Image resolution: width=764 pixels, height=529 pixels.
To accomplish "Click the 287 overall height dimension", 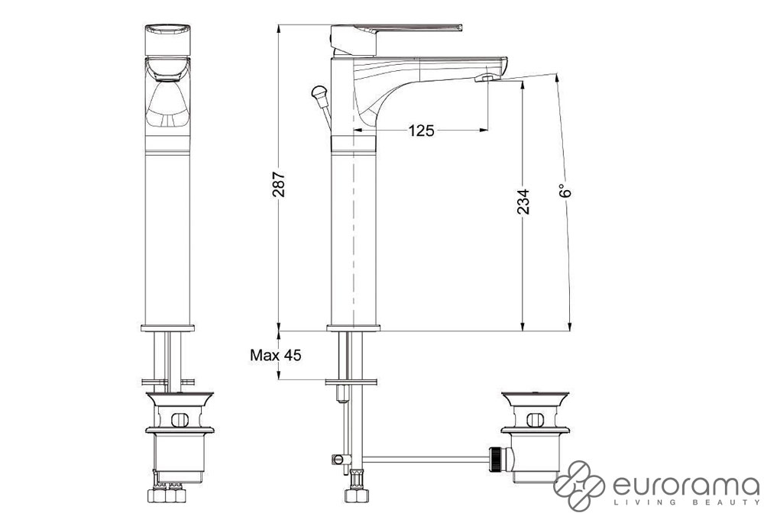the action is coord(279,184).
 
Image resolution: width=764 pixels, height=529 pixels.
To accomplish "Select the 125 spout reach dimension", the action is coord(421,131).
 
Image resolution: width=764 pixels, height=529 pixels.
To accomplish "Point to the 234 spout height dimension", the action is coord(523,202).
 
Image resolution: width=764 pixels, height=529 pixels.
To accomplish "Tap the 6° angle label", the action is coord(565,191).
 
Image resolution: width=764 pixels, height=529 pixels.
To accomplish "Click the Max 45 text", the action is coord(276,355).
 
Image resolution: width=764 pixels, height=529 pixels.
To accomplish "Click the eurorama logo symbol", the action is coord(579,485).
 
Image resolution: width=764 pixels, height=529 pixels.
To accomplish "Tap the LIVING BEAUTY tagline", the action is coord(686,502).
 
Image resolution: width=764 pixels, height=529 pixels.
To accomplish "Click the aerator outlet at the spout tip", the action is coord(487,77).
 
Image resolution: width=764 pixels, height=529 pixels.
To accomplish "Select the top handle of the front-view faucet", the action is coord(167,39).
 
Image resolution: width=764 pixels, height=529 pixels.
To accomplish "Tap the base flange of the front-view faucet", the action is coord(167,328).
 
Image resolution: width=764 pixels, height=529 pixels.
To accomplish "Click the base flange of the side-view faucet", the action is coord(353,328).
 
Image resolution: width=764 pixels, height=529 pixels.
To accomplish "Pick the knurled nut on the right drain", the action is coord(496,459).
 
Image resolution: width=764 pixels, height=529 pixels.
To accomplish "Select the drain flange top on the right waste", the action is coord(535,396).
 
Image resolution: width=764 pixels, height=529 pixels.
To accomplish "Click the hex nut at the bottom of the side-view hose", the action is coord(356,495).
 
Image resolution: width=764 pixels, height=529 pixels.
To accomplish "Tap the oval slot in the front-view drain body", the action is coord(180,420).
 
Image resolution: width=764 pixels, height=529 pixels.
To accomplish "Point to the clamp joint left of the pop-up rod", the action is coord(340,459).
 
